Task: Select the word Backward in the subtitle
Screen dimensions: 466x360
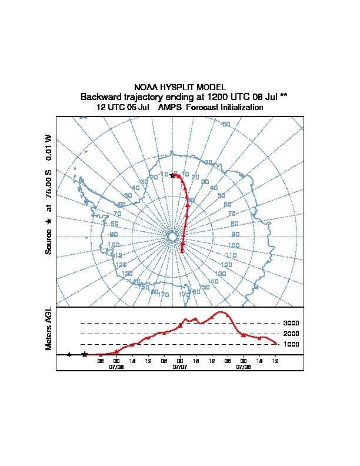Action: coord(101,96)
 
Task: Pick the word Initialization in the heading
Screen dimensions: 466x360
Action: coord(241,108)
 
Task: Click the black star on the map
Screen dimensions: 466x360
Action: coord(172,175)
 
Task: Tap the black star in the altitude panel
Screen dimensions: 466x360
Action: coord(85,354)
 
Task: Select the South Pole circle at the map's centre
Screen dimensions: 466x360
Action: coord(172,237)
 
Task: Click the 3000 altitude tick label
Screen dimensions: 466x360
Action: coord(291,323)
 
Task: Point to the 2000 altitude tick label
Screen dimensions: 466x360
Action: coord(291,334)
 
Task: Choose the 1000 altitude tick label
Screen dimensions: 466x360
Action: coord(291,344)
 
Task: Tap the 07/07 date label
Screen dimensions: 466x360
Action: coord(180,367)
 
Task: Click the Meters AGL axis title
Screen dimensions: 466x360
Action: coord(49,328)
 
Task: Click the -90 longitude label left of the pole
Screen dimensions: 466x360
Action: coord(112,234)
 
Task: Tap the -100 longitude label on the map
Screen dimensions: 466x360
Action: coord(112,244)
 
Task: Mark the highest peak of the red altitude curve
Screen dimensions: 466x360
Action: coord(222,312)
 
